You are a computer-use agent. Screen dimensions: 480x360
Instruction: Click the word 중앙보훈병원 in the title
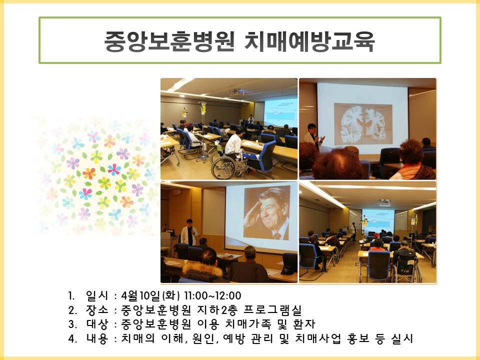click(x=169, y=41)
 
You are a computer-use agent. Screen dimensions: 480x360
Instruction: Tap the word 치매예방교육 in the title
click(x=309, y=41)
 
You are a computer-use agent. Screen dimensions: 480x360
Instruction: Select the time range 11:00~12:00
click(x=213, y=295)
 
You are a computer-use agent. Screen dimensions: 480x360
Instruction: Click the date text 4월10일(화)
click(x=150, y=295)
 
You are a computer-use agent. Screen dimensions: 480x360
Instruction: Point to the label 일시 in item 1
click(x=97, y=295)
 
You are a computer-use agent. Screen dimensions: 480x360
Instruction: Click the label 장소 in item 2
click(x=97, y=310)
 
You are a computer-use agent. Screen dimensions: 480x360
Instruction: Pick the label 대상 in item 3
click(x=97, y=324)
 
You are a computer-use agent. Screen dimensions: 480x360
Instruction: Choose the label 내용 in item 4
click(x=97, y=338)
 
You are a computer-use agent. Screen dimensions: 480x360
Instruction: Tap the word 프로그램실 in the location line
click(x=273, y=310)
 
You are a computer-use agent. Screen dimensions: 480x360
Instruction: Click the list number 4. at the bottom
click(x=72, y=339)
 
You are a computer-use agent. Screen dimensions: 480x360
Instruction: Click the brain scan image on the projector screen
click(x=363, y=124)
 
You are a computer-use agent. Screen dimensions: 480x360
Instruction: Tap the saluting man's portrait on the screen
click(x=266, y=213)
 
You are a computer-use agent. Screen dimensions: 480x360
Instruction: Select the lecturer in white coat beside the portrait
click(x=189, y=232)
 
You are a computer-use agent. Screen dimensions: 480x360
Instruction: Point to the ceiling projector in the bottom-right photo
click(x=385, y=202)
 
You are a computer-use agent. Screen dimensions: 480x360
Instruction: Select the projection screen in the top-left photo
click(x=280, y=112)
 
